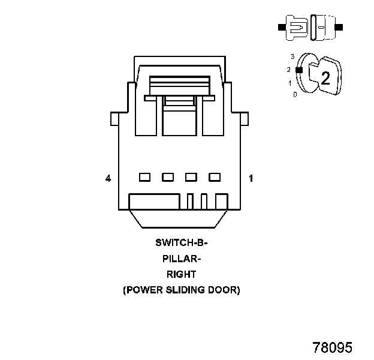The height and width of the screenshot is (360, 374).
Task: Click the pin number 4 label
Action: click(x=108, y=178)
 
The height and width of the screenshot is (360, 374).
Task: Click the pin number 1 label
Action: click(x=251, y=178)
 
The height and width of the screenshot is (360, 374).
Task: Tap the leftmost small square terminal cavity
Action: click(x=144, y=177)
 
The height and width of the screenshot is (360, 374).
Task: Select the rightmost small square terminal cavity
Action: click(x=214, y=177)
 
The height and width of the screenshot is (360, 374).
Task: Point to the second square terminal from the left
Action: click(x=168, y=177)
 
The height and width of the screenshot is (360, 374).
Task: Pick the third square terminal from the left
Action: click(x=191, y=177)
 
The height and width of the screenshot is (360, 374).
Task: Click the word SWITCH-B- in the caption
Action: click(x=180, y=243)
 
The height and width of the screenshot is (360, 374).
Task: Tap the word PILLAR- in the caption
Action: click(x=180, y=259)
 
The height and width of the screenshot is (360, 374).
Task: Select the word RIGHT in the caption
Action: click(x=180, y=274)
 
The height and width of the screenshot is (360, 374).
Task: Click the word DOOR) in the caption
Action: click(x=225, y=290)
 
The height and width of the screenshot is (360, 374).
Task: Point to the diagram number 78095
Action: click(x=332, y=347)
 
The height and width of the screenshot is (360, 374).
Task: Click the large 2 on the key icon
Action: click(x=325, y=78)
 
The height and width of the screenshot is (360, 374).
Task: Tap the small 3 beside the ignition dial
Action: click(x=292, y=56)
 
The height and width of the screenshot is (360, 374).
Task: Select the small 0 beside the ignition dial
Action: click(x=294, y=95)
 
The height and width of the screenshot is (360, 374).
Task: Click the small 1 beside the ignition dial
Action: click(x=290, y=83)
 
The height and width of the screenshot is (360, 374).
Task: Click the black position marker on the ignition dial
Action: click(x=299, y=70)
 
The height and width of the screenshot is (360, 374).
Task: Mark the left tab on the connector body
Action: click(x=114, y=119)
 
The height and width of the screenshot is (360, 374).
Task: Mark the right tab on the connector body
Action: click(x=244, y=119)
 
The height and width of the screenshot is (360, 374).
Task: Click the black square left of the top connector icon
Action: click(x=281, y=28)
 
